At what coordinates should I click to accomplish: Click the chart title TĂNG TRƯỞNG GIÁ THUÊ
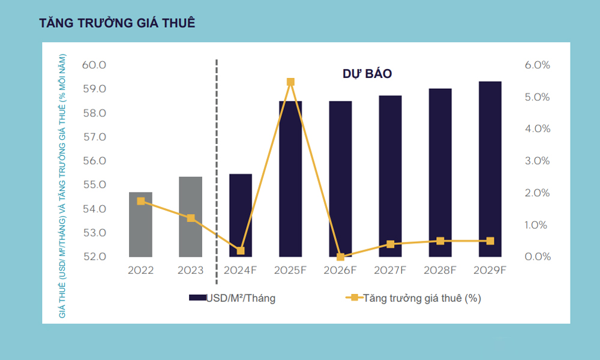pos(117,23)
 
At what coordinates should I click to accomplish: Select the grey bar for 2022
pos(140,224)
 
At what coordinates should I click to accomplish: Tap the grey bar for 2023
pos(191,217)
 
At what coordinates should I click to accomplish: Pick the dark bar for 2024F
pos(241,215)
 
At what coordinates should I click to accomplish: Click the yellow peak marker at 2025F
pos(290,82)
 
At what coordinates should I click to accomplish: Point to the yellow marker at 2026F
pos(340,257)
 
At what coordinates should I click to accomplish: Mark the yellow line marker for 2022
pos(140,201)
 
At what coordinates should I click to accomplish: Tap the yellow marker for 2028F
pos(440,241)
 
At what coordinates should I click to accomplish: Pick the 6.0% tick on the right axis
pos(537,65)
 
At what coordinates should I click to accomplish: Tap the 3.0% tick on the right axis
pos(537,161)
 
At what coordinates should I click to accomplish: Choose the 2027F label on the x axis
pos(391,271)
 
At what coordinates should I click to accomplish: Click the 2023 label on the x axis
pos(191,271)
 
